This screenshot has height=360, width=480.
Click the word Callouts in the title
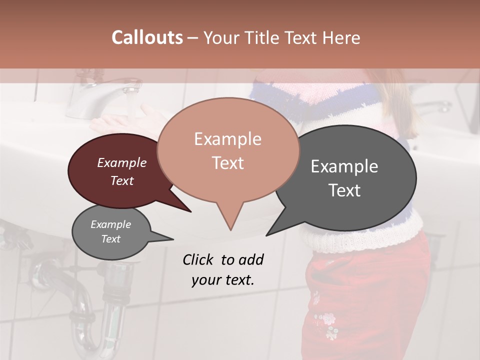coord(147,37)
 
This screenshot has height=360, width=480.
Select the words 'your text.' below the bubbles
coord(223,280)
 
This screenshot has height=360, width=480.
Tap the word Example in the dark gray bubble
coord(344,166)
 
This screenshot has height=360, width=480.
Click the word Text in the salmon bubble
coord(228,163)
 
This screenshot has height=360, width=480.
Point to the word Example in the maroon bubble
coord(122,162)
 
